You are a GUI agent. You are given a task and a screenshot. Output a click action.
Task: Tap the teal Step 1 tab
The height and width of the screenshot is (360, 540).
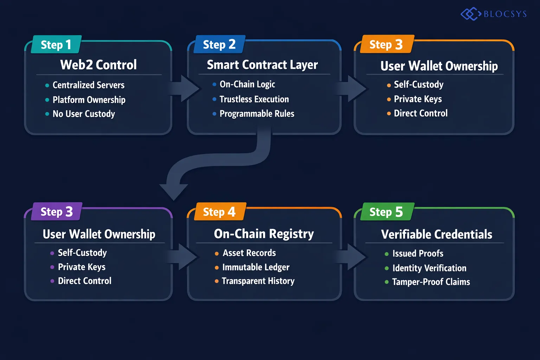click(56, 45)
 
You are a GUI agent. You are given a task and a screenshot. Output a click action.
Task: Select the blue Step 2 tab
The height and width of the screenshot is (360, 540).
click(219, 45)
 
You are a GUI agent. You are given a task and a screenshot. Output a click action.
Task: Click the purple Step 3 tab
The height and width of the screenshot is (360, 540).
click(57, 212)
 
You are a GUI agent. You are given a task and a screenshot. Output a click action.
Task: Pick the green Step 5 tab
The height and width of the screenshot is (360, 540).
click(386, 212)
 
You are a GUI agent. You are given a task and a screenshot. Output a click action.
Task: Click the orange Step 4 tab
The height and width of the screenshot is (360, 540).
click(219, 212)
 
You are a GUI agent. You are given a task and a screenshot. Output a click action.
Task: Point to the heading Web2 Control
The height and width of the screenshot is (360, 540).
click(98, 65)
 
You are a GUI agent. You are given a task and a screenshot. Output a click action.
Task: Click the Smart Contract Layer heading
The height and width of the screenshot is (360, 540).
click(262, 65)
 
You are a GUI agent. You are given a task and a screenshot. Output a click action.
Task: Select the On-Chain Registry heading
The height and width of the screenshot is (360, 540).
click(264, 234)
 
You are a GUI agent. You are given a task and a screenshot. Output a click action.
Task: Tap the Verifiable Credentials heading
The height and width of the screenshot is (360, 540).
click(437, 234)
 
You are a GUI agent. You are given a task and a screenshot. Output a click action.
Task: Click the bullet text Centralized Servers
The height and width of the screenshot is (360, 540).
click(88, 85)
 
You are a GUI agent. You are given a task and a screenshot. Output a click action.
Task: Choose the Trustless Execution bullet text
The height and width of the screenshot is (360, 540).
click(254, 99)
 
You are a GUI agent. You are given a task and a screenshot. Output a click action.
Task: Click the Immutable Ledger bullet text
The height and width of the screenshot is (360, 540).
click(256, 267)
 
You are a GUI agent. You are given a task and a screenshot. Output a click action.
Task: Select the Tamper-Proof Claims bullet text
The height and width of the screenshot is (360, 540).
click(431, 282)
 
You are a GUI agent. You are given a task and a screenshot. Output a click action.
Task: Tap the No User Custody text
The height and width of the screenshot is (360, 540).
click(84, 114)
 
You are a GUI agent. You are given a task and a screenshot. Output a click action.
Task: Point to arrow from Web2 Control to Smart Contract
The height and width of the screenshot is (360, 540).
click(185, 88)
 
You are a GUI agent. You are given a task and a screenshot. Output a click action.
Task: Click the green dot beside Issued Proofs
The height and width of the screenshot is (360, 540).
click(387, 254)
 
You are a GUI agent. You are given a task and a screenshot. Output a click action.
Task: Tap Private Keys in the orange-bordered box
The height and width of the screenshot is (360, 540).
click(418, 99)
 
